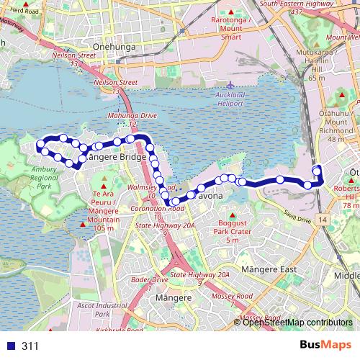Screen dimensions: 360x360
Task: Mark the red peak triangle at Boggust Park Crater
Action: (x=231, y=215)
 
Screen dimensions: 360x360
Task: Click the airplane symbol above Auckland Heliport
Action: (x=230, y=85)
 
